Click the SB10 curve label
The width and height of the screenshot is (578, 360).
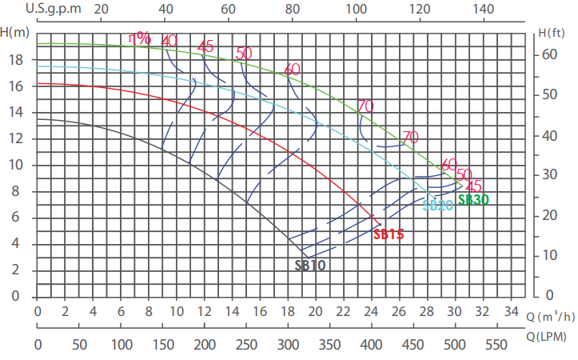tap(309, 265)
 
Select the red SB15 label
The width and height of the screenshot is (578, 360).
tap(389, 234)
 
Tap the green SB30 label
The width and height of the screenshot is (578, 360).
tap(472, 200)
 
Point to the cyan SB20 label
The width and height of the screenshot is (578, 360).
tap(438, 205)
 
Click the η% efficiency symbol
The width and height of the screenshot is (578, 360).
tap(140, 38)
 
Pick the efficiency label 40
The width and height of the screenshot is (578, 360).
tap(169, 41)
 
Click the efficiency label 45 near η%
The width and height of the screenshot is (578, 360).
tap(205, 46)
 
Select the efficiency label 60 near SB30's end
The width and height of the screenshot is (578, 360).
tap(449, 165)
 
